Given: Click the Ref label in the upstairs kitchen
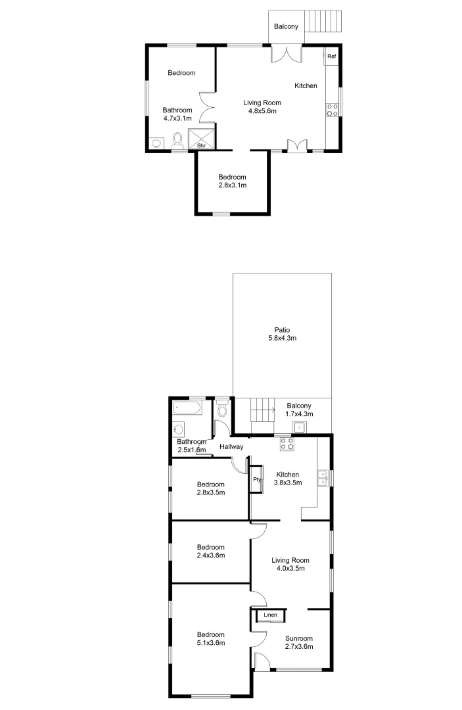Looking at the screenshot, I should pos(332,57).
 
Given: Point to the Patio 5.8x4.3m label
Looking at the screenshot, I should pos(283,334).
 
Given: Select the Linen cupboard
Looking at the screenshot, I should pos(270,615).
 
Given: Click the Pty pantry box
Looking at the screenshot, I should pos(257,479).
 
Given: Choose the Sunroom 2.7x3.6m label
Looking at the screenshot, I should pos(298,642).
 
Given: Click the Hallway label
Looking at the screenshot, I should pos(231,447).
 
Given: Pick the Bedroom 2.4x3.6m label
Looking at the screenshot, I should pos(211,551).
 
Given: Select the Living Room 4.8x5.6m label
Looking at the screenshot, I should pos(262,106).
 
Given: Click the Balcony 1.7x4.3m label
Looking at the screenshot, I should pos(299,410).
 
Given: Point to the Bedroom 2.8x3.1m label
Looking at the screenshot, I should pos(233,181).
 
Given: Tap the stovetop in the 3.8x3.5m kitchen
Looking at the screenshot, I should pos(287,444).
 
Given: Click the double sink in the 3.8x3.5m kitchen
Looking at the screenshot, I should pos(323,478).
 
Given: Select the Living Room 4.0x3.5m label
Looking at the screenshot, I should pos(290,565).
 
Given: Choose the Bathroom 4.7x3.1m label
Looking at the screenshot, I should pos(177,114).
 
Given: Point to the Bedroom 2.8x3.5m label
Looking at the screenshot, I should pos(211,488).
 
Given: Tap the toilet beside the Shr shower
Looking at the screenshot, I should pos(177,139).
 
